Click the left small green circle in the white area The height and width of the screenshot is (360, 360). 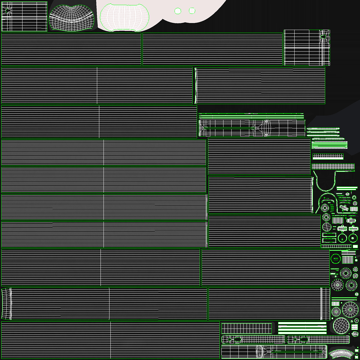178,11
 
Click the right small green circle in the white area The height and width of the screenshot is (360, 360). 192,11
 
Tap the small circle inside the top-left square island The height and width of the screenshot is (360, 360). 7,11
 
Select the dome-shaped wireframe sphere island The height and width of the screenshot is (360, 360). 72,17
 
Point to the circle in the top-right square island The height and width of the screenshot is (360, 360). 323,37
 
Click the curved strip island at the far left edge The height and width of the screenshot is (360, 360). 6,304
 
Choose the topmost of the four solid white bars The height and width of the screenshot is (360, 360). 302,323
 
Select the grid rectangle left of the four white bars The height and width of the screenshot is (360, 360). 247,328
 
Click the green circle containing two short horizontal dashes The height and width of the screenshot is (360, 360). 336,258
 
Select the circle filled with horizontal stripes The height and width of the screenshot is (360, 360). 327,226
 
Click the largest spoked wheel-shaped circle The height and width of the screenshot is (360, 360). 350,309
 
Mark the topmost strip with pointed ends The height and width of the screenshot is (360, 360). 323,129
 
